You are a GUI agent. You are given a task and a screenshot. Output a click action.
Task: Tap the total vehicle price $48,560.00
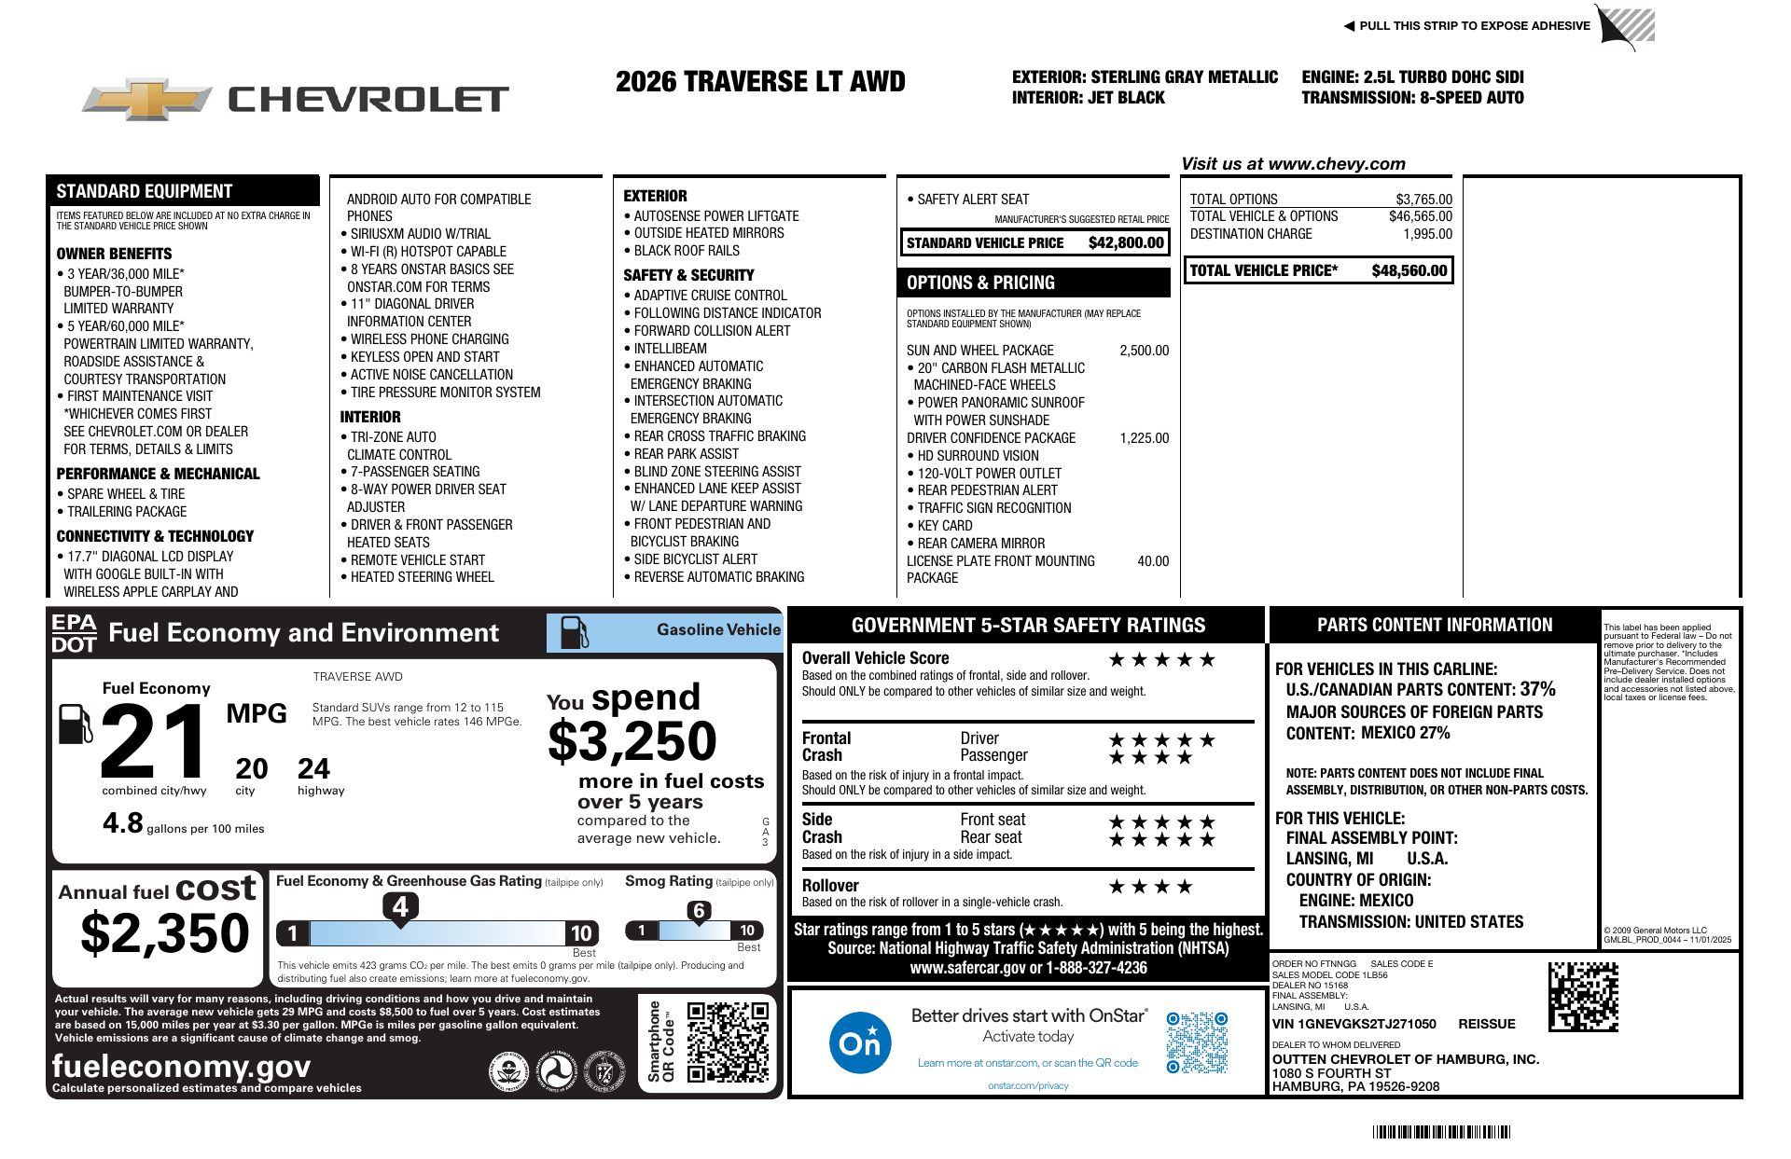1409,270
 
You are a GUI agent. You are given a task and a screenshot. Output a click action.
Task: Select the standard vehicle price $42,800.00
1126,242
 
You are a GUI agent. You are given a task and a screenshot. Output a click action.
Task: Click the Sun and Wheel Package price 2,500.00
1144,351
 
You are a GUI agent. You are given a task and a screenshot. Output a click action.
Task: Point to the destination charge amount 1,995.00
1427,234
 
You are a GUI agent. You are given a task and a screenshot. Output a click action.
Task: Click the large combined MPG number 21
155,742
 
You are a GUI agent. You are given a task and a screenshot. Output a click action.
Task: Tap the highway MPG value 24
313,769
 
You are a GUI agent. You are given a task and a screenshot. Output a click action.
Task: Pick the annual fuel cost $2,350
165,933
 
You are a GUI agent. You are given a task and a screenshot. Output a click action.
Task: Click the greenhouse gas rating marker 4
400,906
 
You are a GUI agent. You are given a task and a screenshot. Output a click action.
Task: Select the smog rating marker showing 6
699,911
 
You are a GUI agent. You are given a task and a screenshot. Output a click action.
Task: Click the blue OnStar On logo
859,1042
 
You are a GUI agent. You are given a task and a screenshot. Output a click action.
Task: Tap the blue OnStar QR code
1197,1042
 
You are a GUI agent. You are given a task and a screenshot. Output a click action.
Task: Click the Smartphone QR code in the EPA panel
728,1042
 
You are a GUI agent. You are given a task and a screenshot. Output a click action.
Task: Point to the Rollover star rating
1149,887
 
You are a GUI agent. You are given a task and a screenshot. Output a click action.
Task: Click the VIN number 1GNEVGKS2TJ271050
1354,1024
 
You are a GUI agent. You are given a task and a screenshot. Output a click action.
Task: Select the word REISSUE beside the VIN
1487,1024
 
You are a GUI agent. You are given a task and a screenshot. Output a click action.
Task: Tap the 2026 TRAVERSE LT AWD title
760,82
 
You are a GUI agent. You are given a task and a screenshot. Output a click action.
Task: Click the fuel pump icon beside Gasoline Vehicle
574,632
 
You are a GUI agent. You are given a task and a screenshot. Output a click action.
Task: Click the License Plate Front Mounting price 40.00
1153,561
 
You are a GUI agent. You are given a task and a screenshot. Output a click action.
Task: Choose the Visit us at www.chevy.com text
1293,164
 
